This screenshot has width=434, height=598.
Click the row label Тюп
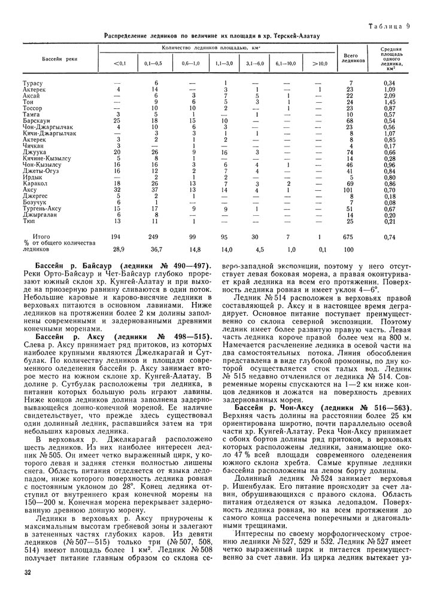[28, 221]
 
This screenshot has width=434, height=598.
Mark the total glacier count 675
[351, 237]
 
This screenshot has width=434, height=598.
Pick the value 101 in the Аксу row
[351, 190]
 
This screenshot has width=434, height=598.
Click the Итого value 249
[155, 237]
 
